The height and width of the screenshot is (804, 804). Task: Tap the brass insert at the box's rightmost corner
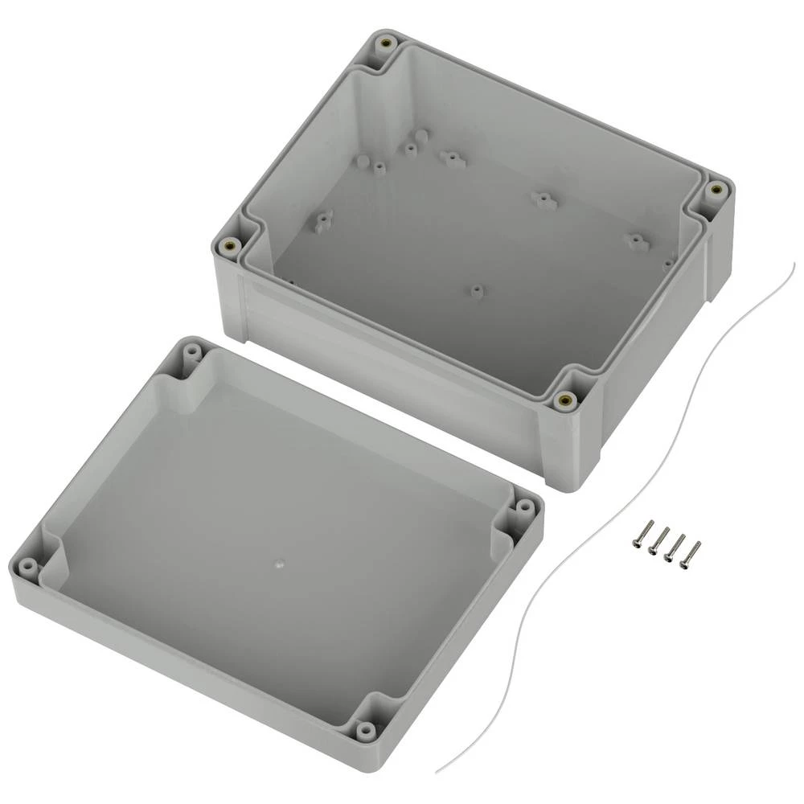tap(716, 191)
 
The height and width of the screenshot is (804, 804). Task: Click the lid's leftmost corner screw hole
tap(28, 568)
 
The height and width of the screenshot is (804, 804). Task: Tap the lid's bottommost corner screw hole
tap(367, 730)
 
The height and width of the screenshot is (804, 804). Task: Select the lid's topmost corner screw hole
tap(193, 352)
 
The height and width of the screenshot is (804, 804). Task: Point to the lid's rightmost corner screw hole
tap(524, 507)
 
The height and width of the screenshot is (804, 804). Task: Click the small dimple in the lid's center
tap(280, 564)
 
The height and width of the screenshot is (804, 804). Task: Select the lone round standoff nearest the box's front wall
tap(477, 291)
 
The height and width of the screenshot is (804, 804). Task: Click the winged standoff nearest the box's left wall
tap(324, 217)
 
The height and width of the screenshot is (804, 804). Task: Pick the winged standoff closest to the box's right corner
tap(637, 240)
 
